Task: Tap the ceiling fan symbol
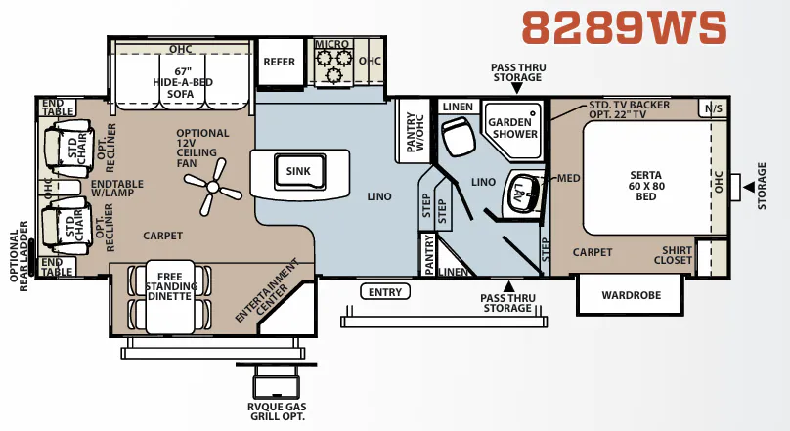tap(213, 188)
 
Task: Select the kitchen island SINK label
tap(298, 171)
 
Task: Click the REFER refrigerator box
tap(281, 62)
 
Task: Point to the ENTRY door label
tap(385, 292)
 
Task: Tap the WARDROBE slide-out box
tap(631, 295)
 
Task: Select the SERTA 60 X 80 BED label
tap(646, 186)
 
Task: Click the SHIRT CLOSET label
tap(673, 255)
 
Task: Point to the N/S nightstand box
tap(714, 108)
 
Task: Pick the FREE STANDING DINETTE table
tap(170, 297)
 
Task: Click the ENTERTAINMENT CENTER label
tap(266, 290)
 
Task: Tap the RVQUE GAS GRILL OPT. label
tap(277, 411)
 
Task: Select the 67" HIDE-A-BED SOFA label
tap(183, 82)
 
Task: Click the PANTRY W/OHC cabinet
tap(414, 131)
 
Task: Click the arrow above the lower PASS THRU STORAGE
tap(508, 286)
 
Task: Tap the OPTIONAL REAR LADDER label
tap(20, 256)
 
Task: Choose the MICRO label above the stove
tap(332, 44)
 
